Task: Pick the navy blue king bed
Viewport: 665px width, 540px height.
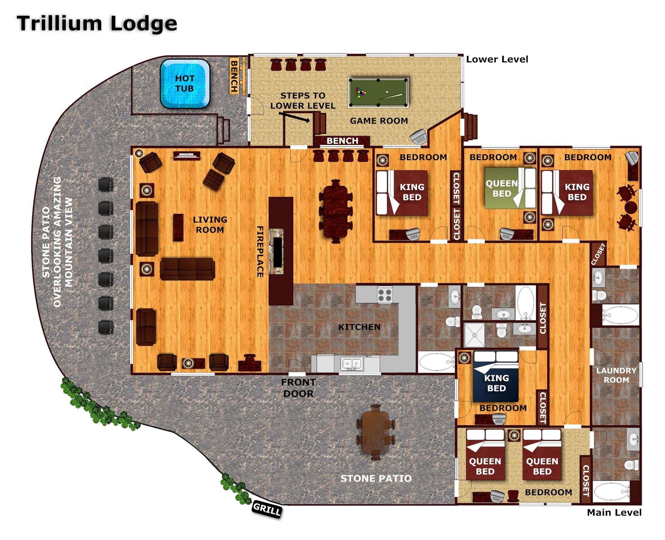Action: tap(496, 376)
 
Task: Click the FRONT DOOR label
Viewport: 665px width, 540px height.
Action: tap(298, 388)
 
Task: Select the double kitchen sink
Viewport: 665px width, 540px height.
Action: tap(352, 363)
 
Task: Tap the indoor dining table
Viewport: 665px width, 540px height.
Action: tap(336, 211)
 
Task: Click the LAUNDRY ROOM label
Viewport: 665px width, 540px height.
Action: tap(616, 375)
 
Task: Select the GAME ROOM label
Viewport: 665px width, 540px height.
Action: tap(379, 121)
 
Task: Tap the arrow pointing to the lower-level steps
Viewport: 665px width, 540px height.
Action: tap(294, 118)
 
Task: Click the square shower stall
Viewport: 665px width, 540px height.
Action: tap(474, 335)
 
